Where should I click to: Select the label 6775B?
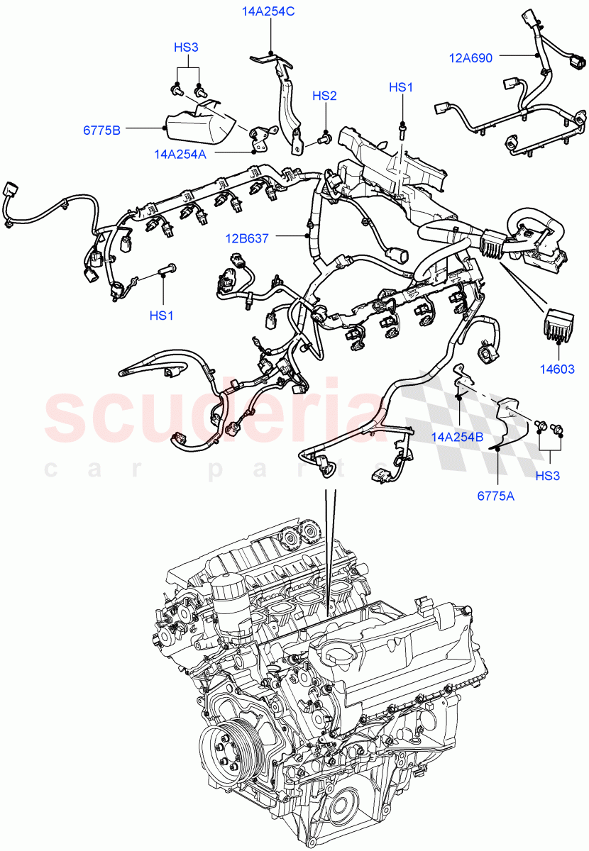[101, 130]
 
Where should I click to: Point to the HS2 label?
[324, 96]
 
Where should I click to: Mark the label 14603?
[556, 369]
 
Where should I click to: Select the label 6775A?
[495, 496]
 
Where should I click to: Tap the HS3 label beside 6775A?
[547, 475]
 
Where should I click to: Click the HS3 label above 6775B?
[186, 48]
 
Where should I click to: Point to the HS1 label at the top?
[401, 87]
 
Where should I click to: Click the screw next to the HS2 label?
[324, 140]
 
